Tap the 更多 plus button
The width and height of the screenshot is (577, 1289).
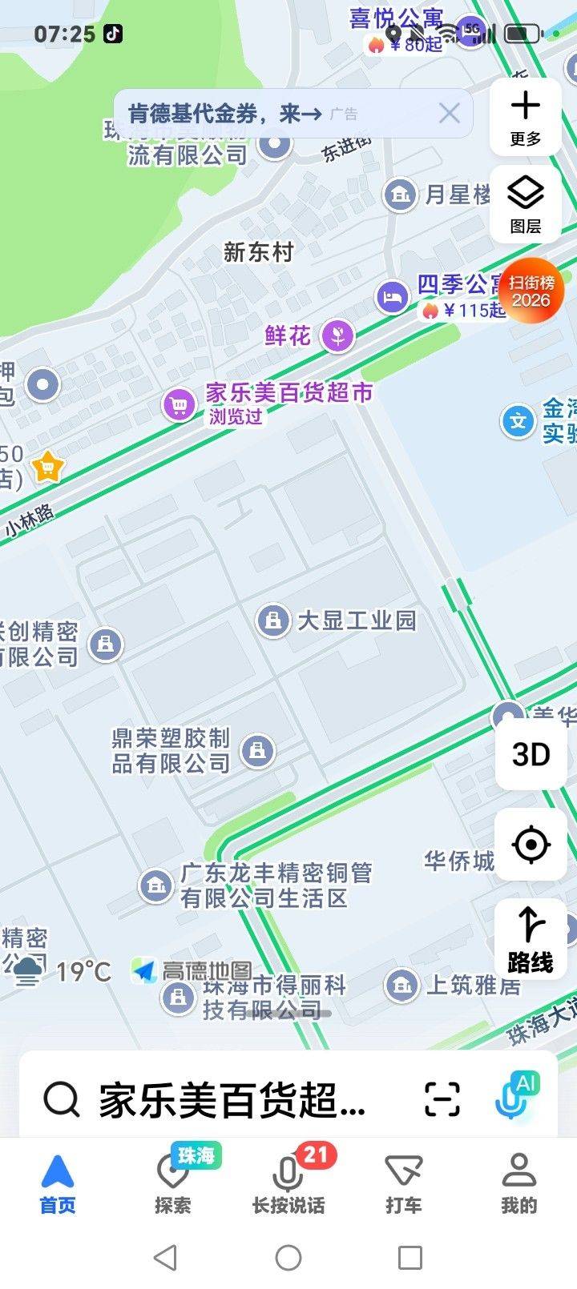click(526, 117)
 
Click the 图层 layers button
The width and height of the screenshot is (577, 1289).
click(526, 203)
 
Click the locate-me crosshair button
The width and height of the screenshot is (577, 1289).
click(531, 845)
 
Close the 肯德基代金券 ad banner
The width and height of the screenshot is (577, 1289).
click(450, 114)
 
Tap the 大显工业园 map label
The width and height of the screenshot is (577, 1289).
click(357, 620)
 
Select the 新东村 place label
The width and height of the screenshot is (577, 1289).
click(259, 252)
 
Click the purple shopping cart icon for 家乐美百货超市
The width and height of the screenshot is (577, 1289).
click(179, 405)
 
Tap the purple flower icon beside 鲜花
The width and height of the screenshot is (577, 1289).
click(338, 335)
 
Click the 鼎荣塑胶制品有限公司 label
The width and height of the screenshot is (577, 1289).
click(171, 750)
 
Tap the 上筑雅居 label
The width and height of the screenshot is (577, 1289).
click(473, 985)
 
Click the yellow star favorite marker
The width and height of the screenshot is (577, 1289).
click(47, 467)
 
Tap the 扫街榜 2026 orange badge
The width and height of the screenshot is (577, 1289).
click(531, 291)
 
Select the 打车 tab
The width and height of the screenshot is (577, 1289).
click(403, 1183)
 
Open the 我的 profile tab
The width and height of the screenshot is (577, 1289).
click(518, 1183)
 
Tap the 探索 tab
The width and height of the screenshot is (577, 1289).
click(173, 1183)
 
